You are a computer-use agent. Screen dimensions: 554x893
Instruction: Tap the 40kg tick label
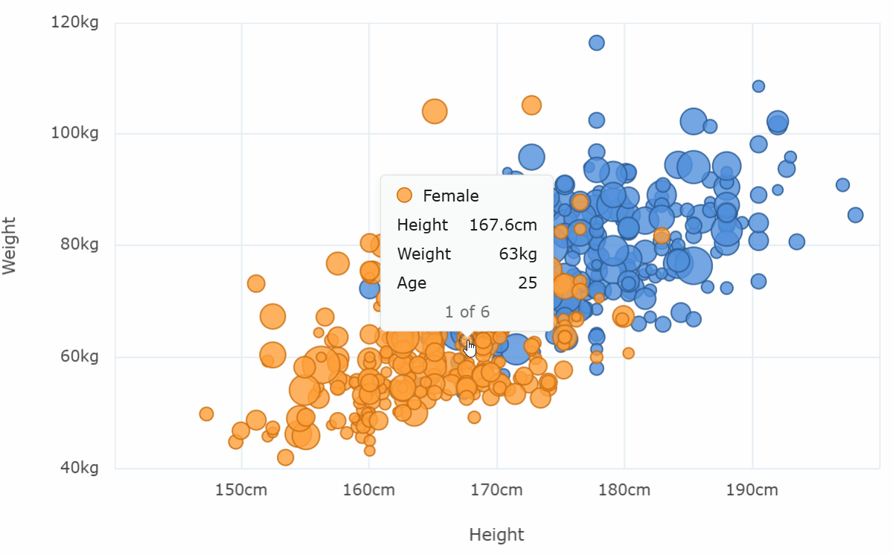[79, 468]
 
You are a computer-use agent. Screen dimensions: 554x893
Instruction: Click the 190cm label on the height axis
[752, 491]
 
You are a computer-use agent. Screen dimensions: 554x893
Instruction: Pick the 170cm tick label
[496, 491]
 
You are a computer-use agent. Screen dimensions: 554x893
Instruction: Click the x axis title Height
[496, 535]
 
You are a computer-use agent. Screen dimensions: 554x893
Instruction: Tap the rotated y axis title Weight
[10, 245]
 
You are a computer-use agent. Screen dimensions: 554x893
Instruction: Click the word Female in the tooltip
[451, 196]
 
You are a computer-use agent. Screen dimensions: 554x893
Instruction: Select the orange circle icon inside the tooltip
[404, 196]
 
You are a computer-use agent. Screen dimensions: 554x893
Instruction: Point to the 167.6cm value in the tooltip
[503, 225]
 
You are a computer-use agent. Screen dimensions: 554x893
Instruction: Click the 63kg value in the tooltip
[518, 254]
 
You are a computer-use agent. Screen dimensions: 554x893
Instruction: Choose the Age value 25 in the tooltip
[528, 283]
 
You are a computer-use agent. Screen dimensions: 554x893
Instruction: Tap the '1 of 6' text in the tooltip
[467, 312]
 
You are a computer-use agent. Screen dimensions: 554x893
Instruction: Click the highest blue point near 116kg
[597, 42]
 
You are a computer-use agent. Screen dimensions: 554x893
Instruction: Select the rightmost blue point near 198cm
[855, 215]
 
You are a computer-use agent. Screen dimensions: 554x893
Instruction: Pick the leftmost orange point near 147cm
[206, 413]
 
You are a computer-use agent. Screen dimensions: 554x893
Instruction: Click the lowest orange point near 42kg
[285, 457]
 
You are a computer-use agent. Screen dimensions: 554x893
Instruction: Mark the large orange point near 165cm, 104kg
[435, 112]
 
